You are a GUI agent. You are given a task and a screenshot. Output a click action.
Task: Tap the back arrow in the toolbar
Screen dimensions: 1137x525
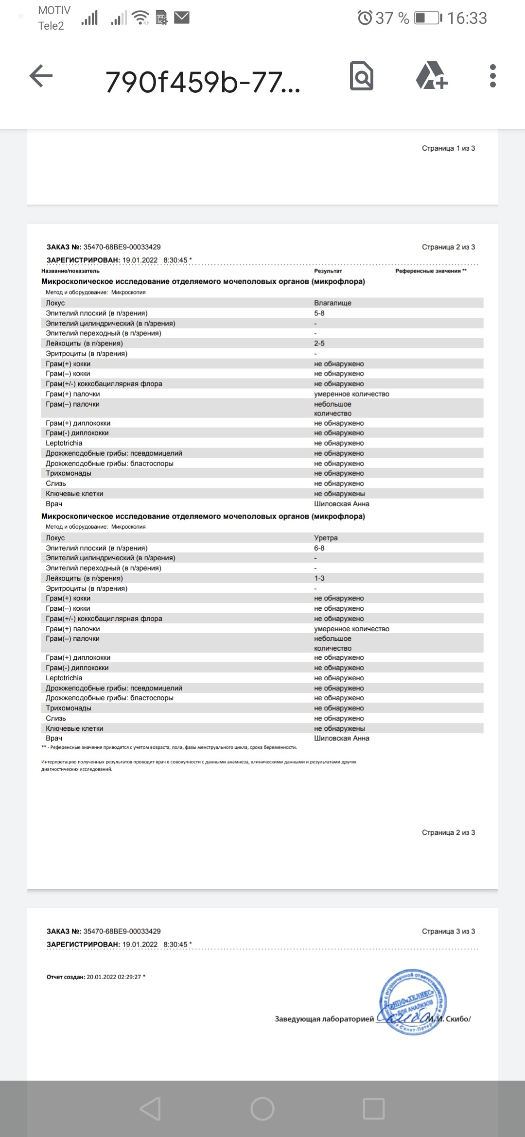point(41,76)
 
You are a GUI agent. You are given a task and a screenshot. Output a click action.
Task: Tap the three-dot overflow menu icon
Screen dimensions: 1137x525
point(492,76)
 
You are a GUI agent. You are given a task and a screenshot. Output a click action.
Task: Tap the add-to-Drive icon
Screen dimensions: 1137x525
point(432,76)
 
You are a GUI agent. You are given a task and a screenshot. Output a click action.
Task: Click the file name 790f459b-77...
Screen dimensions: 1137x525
point(203,82)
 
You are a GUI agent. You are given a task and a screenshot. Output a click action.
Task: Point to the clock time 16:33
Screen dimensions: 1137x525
point(467,18)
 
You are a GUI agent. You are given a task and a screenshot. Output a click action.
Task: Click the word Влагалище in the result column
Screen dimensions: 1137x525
point(332,303)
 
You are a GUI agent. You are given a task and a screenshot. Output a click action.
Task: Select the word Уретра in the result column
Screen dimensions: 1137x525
point(326,538)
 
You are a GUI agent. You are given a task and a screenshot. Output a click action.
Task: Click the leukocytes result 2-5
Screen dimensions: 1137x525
point(319,344)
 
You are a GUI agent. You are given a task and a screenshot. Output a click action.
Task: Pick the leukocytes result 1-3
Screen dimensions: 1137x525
point(319,578)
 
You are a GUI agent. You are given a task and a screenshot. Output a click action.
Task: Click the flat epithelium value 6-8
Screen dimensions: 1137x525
point(319,548)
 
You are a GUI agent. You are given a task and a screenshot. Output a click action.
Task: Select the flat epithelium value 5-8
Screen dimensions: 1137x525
point(319,313)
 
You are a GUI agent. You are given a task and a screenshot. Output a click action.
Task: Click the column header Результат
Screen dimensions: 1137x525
point(328,271)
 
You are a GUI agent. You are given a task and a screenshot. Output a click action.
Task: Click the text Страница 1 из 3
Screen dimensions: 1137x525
point(448,148)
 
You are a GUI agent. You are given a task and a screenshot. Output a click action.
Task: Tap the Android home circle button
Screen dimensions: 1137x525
point(262,1109)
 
